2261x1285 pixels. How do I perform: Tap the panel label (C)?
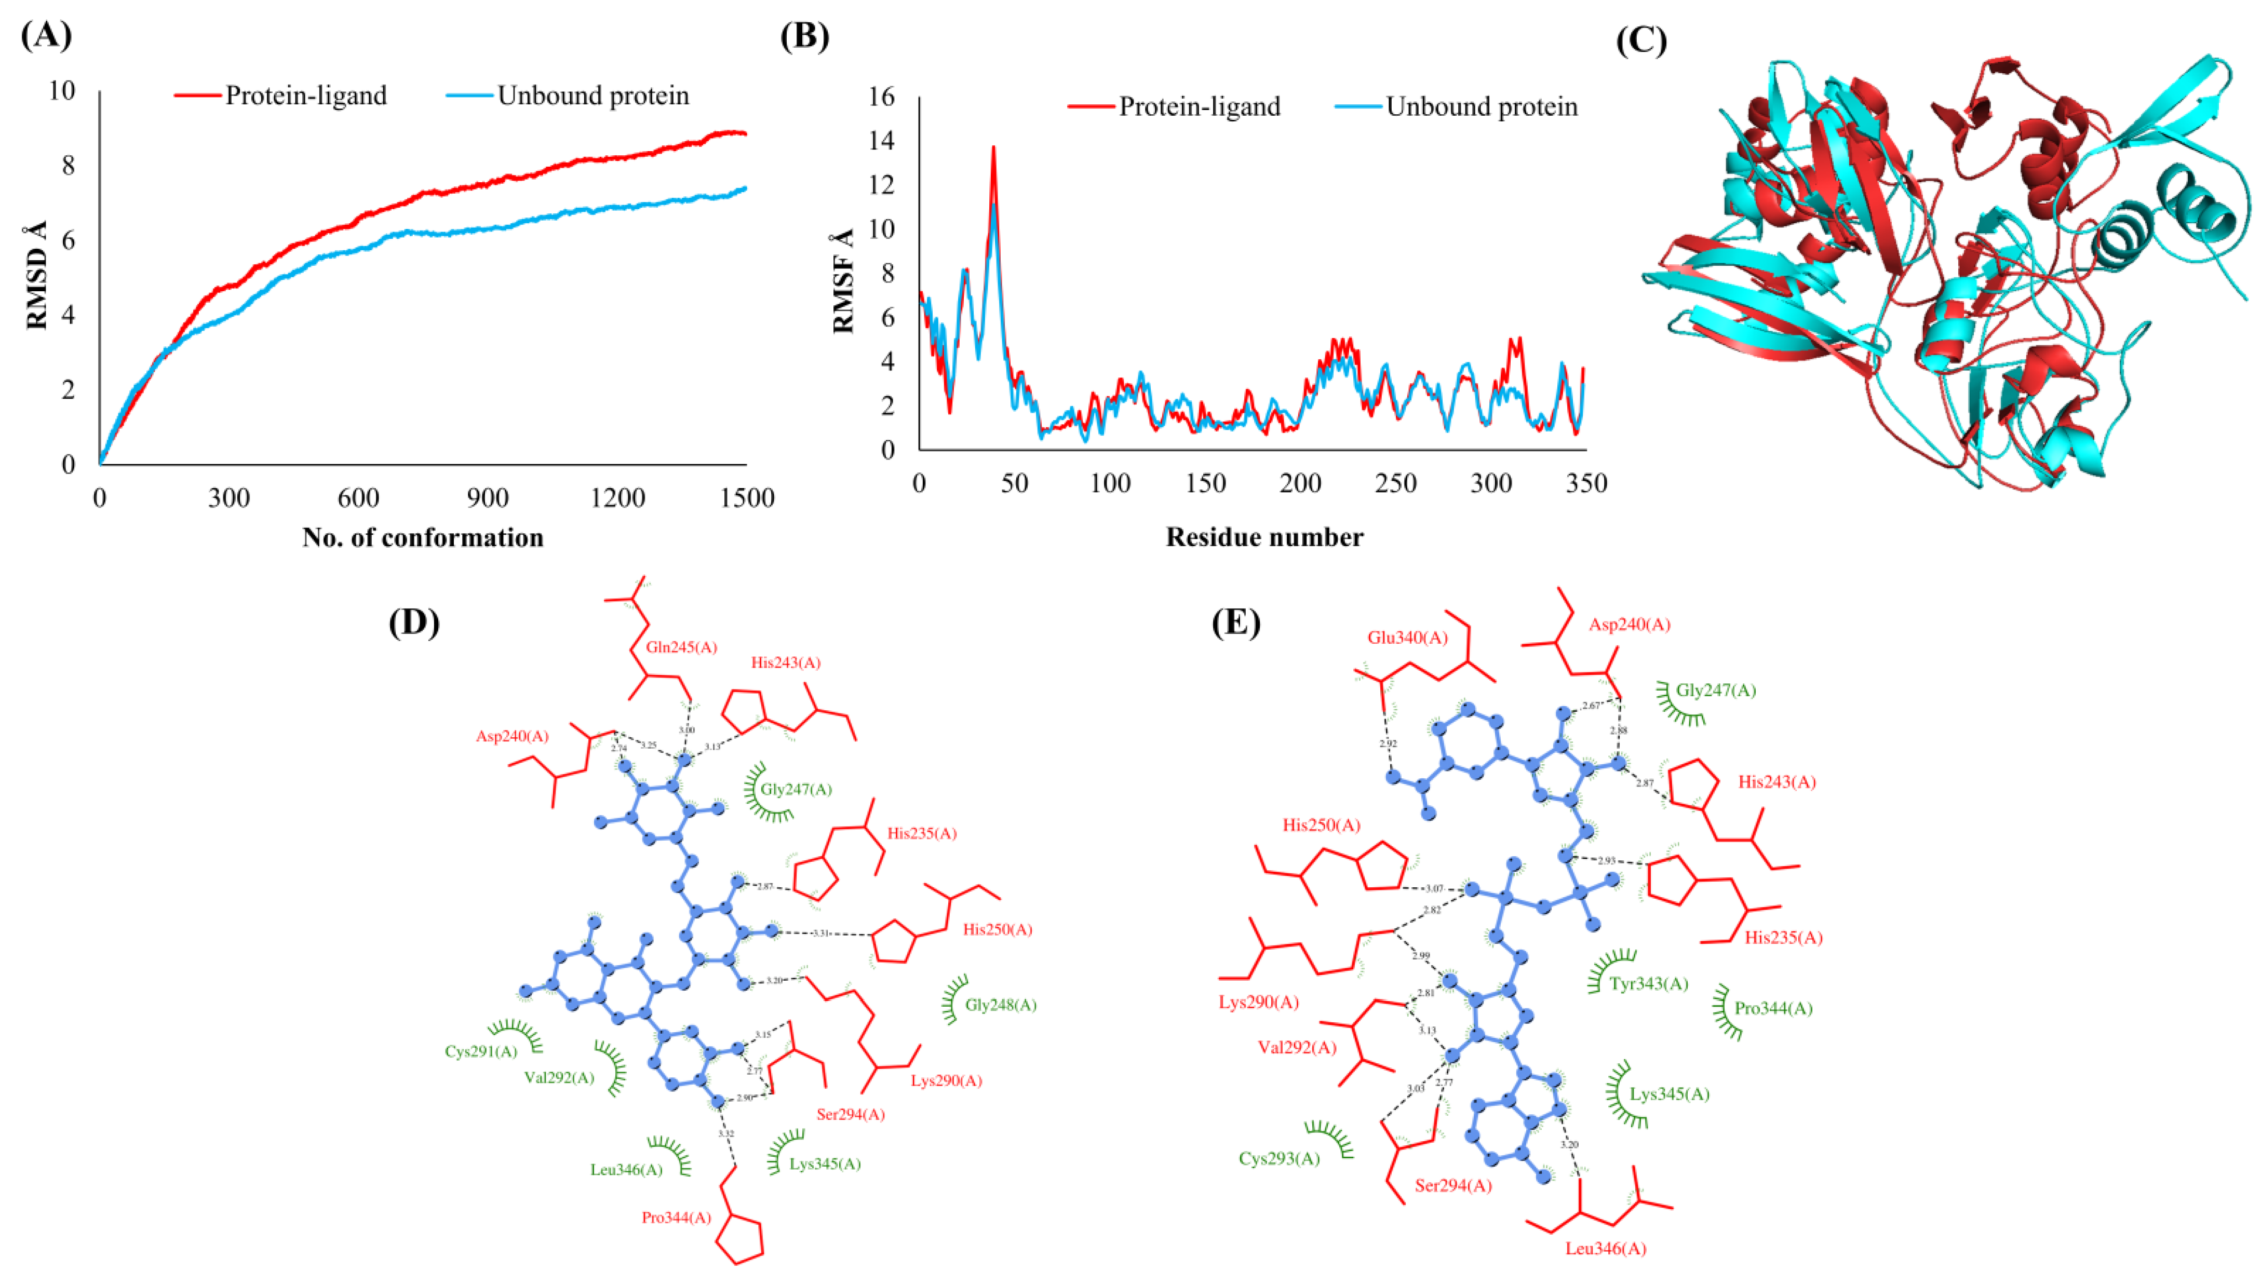coord(1640,40)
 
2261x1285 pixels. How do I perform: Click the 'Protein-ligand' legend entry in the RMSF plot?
coord(1199,107)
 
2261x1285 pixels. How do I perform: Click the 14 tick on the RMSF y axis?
coord(882,140)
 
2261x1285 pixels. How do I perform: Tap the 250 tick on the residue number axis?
coord(1396,484)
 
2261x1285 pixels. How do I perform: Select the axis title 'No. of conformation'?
coord(423,537)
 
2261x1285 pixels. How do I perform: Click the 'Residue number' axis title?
coord(1264,537)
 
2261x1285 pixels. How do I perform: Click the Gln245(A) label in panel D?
coord(681,647)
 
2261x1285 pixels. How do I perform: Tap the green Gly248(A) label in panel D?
coord(1000,1004)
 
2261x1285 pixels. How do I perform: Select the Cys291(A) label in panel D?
coord(481,1051)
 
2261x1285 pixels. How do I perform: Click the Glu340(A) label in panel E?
coord(1408,637)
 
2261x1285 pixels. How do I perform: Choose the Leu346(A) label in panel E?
coord(1605,1249)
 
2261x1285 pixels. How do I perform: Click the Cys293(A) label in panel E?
coord(1279,1159)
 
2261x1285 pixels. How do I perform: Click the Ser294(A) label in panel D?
coord(850,1114)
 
